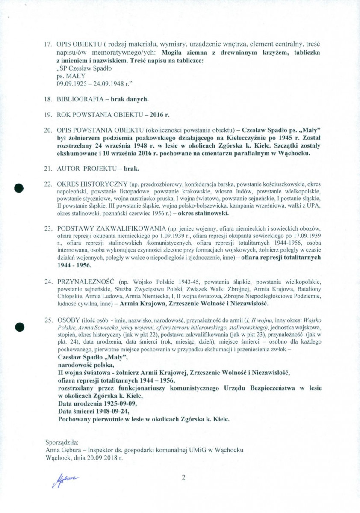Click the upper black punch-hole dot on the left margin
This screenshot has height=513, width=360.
point(18,187)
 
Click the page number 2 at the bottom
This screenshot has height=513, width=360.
point(183,478)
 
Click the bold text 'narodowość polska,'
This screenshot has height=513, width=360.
point(86,365)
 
